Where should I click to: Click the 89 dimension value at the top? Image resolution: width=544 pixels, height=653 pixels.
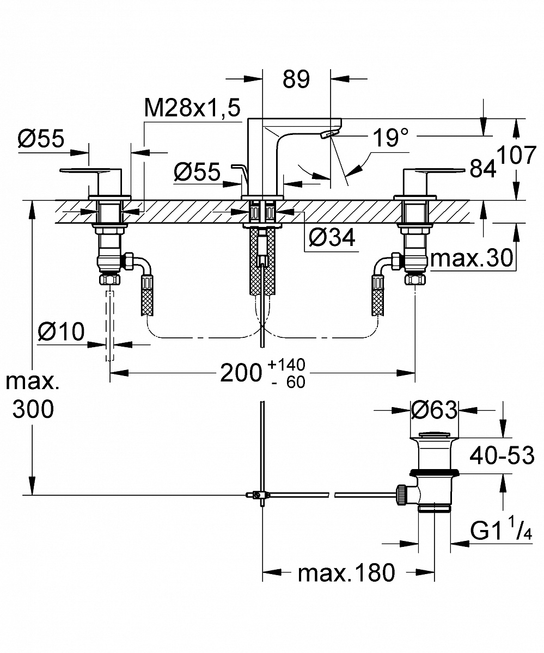pyautogui.click(x=296, y=79)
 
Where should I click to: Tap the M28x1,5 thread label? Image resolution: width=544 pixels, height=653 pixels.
pyautogui.click(x=192, y=109)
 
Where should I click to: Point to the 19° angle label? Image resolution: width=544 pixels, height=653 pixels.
pyautogui.click(x=391, y=138)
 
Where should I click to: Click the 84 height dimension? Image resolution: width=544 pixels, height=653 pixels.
pyautogui.click(x=483, y=170)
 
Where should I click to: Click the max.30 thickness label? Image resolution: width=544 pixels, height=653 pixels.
pyautogui.click(x=472, y=259)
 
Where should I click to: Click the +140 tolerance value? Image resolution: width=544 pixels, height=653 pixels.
pyautogui.click(x=286, y=364)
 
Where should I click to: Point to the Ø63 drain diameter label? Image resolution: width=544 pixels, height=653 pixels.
pyautogui.click(x=434, y=410)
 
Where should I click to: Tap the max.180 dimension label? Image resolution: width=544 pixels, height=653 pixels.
pyautogui.click(x=346, y=572)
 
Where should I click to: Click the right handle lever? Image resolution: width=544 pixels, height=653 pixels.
pyautogui.click(x=436, y=174)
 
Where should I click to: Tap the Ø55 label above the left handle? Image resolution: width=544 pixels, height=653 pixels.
pyautogui.click(x=41, y=139)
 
